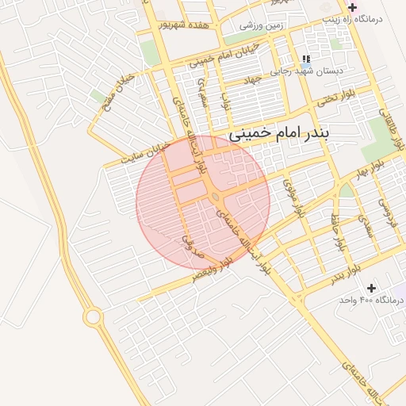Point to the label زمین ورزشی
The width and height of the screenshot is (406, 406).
pos(262,25)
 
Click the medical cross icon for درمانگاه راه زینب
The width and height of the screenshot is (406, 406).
pos(352,7)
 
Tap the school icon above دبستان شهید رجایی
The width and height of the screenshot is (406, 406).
pos(305,59)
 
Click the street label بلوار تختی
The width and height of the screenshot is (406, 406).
pos(334,99)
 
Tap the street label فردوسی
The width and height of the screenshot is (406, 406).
pos(386,210)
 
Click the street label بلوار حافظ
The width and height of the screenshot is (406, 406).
pos(339,229)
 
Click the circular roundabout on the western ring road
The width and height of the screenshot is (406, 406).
pos(93,318)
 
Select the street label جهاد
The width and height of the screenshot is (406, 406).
pos(253,82)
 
